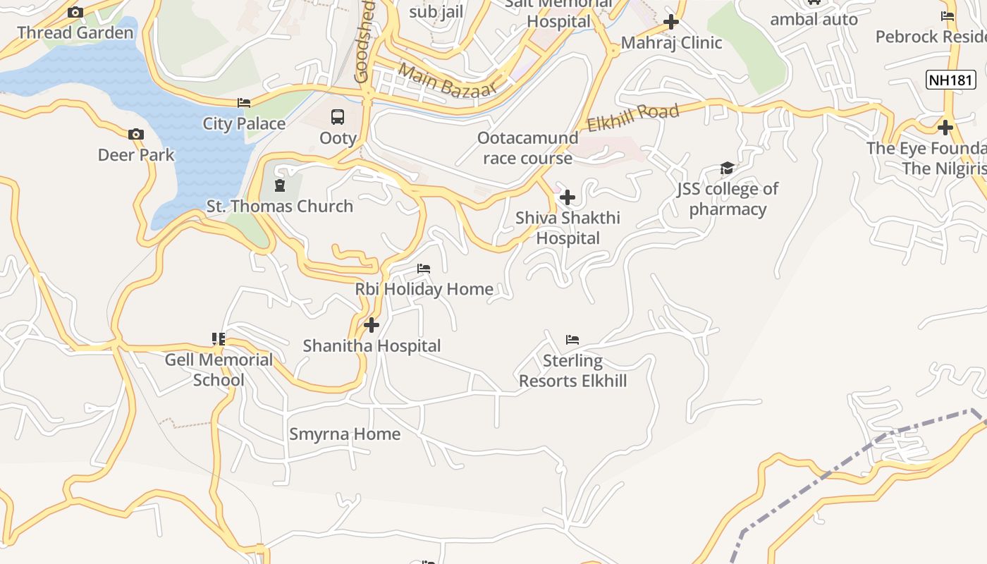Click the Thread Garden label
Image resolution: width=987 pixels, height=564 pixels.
tap(75, 32)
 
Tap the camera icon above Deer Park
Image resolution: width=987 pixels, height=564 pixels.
tap(136, 134)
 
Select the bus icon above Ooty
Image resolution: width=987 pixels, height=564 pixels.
tap(338, 117)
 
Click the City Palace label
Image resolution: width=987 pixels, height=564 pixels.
tap(244, 123)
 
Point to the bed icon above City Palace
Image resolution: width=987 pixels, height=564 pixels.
tap(244, 103)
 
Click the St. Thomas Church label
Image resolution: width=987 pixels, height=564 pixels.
tap(280, 207)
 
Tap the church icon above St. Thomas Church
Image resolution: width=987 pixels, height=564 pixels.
tap(280, 186)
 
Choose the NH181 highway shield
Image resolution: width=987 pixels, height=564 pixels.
tap(950, 80)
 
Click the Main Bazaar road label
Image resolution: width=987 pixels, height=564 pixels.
tap(447, 80)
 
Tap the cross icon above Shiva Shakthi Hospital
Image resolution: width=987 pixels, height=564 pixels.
tap(567, 197)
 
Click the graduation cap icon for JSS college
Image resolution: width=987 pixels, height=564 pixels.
tap(727, 168)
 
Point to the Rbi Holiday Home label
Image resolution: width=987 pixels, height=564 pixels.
tap(424, 289)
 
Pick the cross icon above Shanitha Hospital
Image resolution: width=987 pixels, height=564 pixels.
tap(372, 325)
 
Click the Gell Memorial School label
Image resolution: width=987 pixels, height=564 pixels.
tap(219, 369)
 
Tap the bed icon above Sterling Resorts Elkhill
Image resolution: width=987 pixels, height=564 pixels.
tap(572, 340)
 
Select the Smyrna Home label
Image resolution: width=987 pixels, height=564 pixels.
tap(345, 434)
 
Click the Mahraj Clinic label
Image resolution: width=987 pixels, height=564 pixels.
tap(671, 43)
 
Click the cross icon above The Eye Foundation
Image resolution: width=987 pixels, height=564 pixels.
tap(945, 128)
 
